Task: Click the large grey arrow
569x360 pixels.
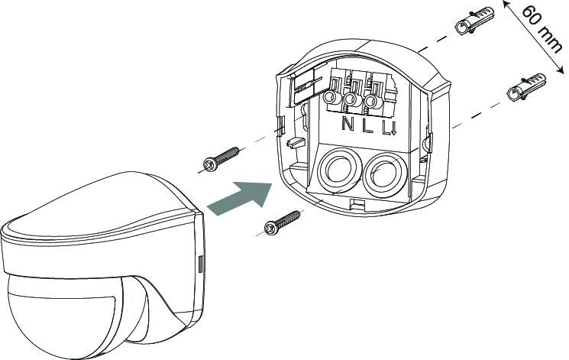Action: pos(241,199)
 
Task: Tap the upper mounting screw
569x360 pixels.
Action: pos(221,159)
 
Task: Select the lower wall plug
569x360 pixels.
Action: pos(525,88)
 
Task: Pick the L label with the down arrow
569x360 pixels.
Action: pos(389,127)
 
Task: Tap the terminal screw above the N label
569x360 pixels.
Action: pos(331,99)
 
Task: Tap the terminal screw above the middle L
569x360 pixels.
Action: pos(351,100)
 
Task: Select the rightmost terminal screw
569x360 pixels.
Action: pos(371,102)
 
